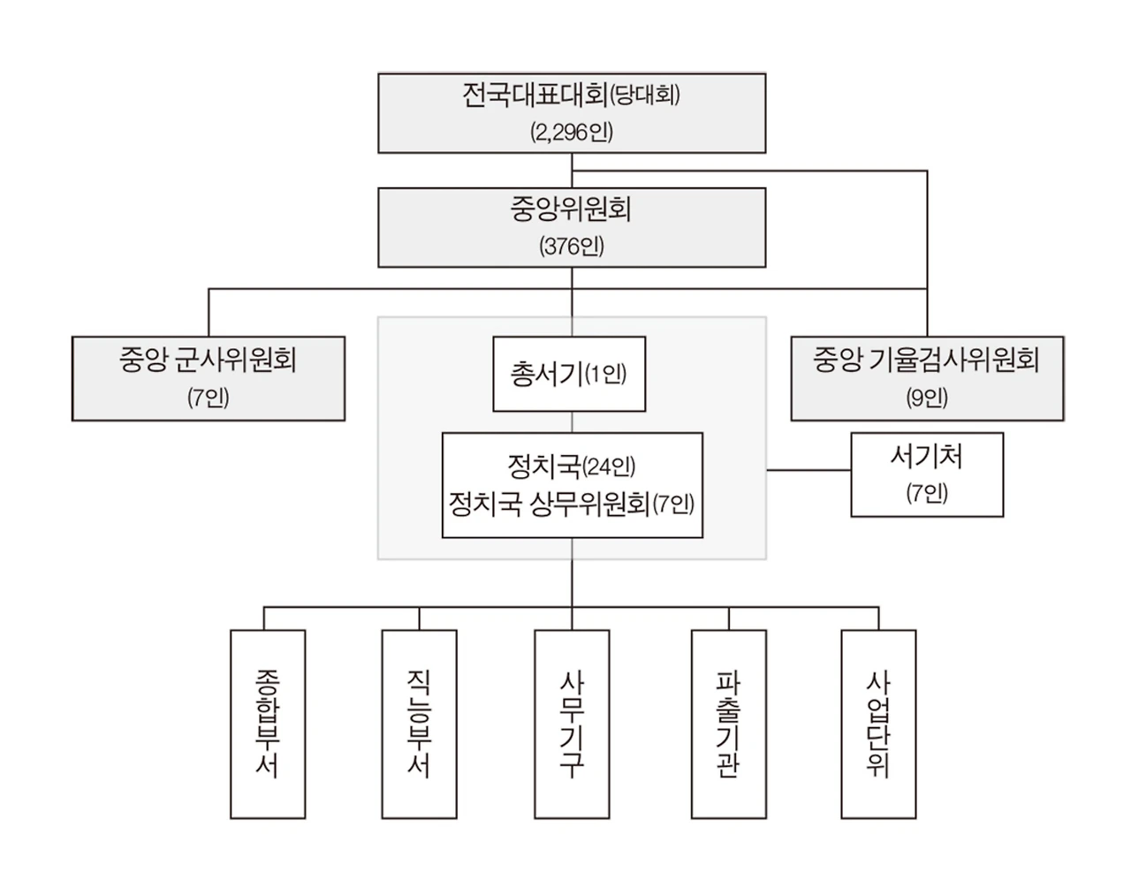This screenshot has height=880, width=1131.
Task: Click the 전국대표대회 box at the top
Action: (x=572, y=112)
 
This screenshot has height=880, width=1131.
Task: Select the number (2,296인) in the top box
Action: (x=572, y=133)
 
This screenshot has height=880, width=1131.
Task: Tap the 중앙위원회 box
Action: (x=572, y=227)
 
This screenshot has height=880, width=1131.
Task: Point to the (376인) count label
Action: (x=572, y=247)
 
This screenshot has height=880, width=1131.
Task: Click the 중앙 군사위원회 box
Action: (x=209, y=377)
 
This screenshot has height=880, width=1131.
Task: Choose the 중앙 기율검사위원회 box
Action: (x=927, y=377)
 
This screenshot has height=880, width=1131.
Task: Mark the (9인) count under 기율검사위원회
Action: (x=927, y=398)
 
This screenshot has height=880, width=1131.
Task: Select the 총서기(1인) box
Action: (x=569, y=374)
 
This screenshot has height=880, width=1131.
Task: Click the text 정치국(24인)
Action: (x=572, y=467)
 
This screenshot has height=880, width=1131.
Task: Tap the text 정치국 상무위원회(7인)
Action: (x=572, y=504)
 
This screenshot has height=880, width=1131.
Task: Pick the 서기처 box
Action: (x=927, y=474)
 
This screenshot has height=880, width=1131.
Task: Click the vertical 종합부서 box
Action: (x=268, y=724)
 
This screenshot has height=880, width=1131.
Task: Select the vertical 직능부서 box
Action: (x=420, y=724)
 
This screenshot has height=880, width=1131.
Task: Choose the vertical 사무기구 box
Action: (x=572, y=724)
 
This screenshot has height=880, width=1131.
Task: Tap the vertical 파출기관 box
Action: (x=728, y=724)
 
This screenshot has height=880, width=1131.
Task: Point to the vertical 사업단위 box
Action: (x=878, y=724)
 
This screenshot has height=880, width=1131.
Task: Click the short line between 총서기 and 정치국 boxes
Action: (x=572, y=422)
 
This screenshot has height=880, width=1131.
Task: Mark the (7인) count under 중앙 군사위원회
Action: (x=209, y=398)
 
